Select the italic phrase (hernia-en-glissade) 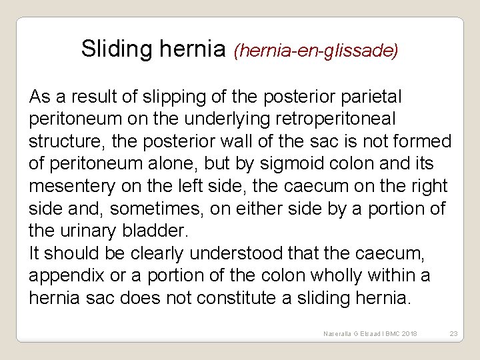pyautogui.click(x=315, y=50)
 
